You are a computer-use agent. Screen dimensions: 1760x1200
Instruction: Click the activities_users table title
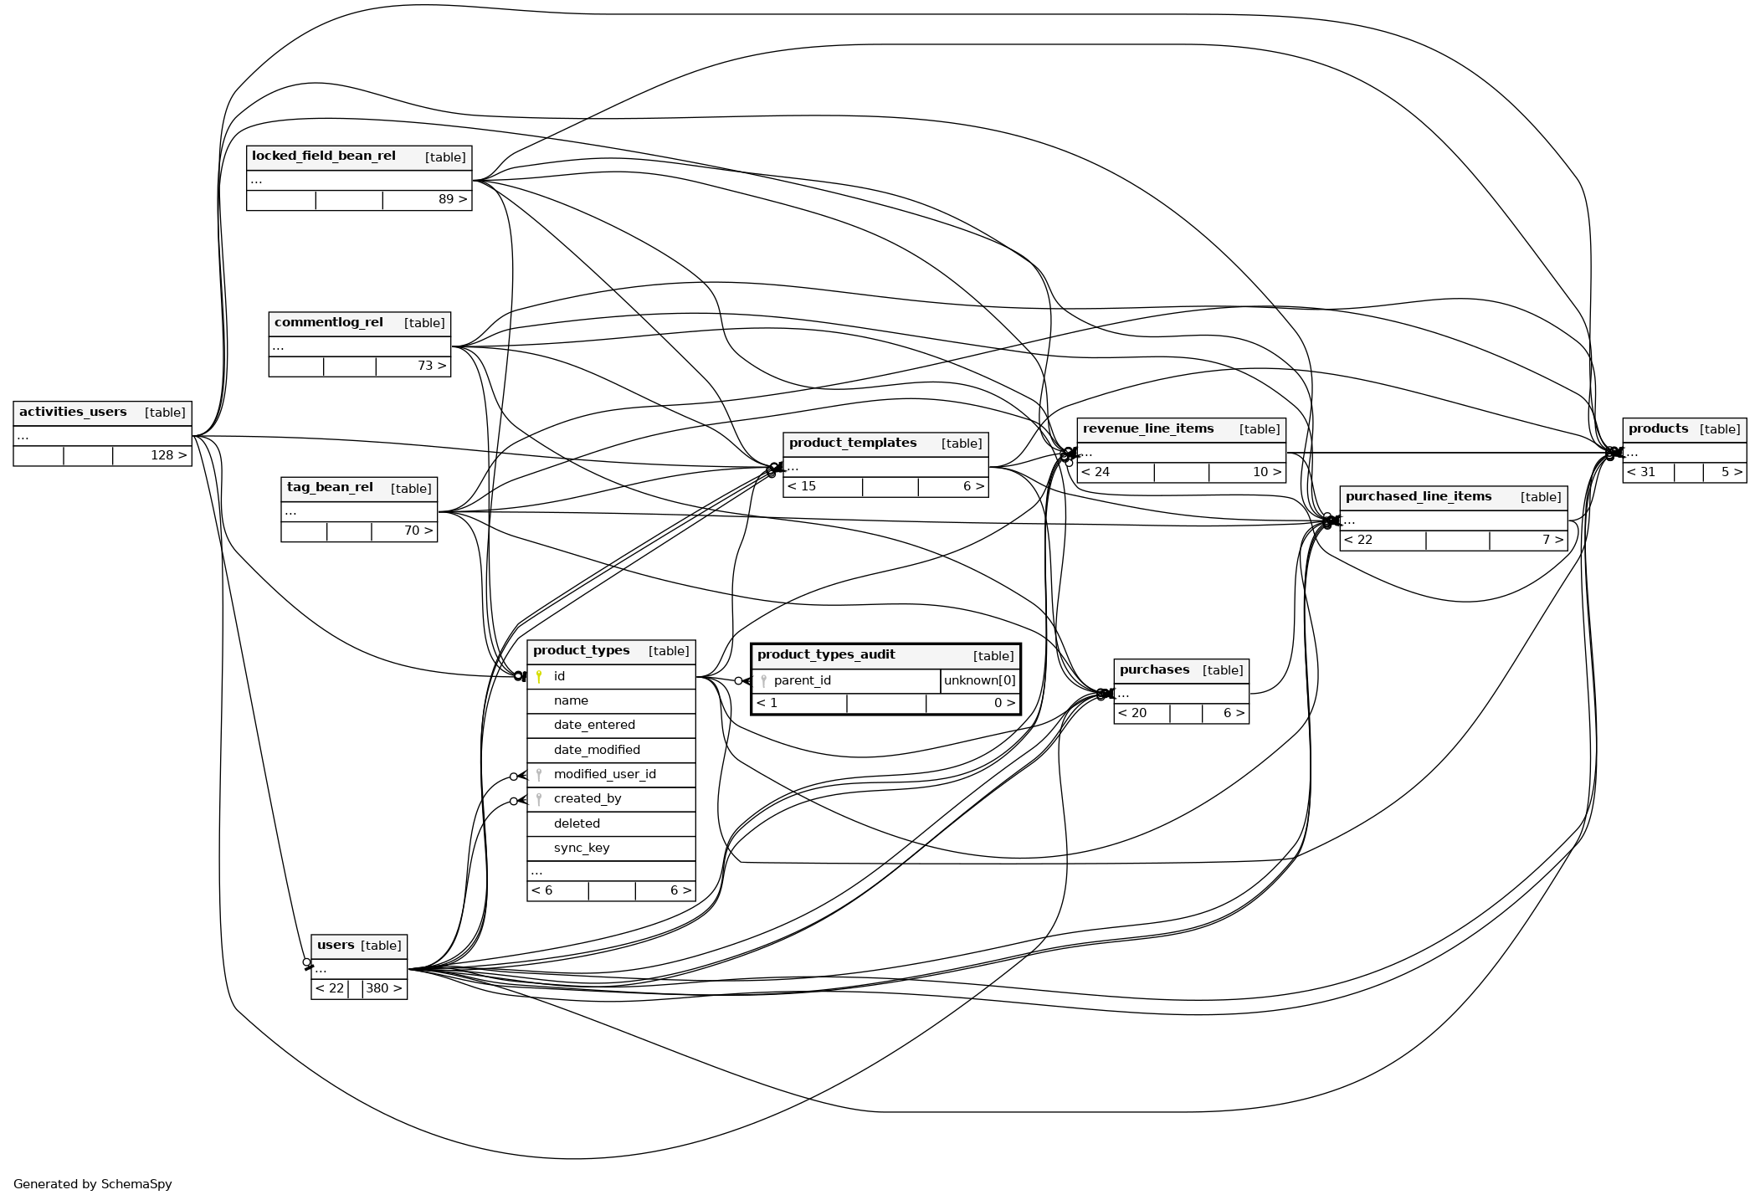tap(73, 412)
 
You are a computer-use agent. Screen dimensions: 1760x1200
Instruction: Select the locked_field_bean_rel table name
tap(324, 156)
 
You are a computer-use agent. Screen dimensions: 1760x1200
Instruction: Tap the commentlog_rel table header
tap(329, 322)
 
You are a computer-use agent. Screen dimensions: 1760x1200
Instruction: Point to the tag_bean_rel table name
tap(330, 487)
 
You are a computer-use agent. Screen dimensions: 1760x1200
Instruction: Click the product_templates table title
tap(853, 443)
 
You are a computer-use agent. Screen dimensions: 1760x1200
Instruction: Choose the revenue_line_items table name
tap(1148, 428)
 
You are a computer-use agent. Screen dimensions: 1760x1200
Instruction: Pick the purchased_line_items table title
tap(1419, 496)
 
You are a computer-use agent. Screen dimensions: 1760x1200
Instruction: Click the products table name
tap(1658, 428)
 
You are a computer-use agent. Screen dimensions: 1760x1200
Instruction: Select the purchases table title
tap(1154, 669)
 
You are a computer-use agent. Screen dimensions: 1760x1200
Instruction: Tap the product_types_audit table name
tap(826, 654)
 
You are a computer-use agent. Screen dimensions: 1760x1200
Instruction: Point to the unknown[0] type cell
tap(980, 680)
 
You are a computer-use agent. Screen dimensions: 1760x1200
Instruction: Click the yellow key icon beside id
tap(539, 676)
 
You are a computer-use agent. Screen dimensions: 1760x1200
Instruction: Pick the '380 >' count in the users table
tap(384, 988)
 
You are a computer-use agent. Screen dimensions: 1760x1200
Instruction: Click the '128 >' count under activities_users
tap(169, 455)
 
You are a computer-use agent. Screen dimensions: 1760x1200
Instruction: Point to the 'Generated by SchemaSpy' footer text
tap(93, 1184)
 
